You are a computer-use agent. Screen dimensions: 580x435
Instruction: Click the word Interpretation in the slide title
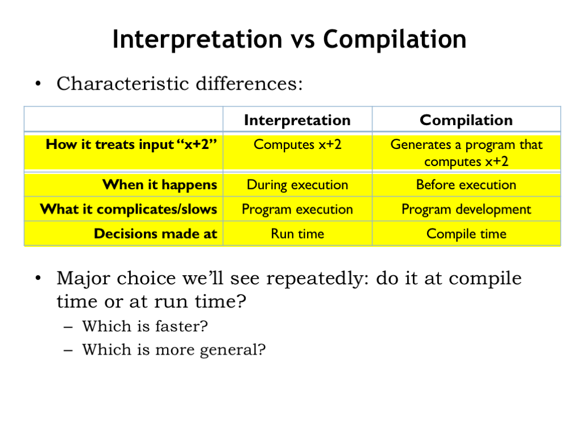pos(198,40)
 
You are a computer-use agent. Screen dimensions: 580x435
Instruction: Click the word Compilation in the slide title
pos(395,39)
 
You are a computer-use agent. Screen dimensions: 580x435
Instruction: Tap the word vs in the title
pos(302,41)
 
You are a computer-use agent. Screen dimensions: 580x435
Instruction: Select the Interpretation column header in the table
pos(297,120)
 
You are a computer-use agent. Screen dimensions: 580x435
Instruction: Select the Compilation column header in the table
pos(466,120)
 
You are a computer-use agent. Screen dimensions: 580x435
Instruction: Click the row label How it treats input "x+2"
pos(131,144)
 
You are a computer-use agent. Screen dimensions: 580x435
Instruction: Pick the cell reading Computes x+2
pos(297,144)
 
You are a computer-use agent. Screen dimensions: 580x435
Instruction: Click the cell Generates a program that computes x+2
pos(466,153)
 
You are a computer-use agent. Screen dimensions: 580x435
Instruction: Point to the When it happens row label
pos(160,185)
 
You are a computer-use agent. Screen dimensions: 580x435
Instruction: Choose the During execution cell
pos(297,185)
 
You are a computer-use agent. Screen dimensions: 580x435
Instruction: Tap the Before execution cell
pos(466,185)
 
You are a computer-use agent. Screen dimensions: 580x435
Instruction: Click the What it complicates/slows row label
pos(129,210)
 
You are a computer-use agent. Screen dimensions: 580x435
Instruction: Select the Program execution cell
pos(297,210)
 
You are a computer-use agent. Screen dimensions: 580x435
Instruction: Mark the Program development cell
pos(466,210)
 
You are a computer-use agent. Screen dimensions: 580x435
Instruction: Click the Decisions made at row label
pos(155,234)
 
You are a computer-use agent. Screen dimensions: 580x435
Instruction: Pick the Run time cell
pos(297,234)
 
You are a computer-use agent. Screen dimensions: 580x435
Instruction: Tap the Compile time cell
pos(466,234)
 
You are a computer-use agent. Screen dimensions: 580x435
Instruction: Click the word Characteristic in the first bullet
pos(123,84)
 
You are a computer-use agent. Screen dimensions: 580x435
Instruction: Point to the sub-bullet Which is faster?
pos(145,326)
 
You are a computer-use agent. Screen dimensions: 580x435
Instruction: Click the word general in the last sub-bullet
pos(233,350)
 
